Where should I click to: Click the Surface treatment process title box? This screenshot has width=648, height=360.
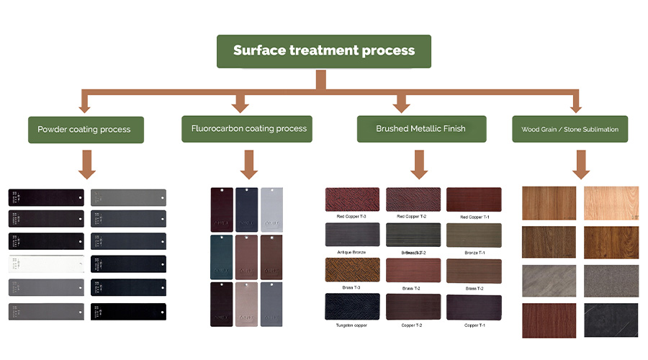click(x=324, y=51)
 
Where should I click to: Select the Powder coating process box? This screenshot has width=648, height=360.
click(x=84, y=130)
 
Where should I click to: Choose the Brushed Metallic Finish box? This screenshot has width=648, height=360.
click(x=420, y=129)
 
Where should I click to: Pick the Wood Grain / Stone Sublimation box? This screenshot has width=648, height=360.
click(x=570, y=130)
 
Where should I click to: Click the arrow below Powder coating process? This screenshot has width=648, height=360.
click(x=86, y=163)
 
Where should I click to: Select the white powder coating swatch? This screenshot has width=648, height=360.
click(x=46, y=264)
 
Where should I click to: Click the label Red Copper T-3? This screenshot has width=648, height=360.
click(x=351, y=217)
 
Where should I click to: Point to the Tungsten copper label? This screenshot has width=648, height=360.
click(x=351, y=325)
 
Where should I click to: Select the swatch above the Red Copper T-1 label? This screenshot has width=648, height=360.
click(x=473, y=199)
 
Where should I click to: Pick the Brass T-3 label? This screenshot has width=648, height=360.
click(x=351, y=287)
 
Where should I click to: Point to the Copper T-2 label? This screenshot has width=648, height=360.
click(x=412, y=325)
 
